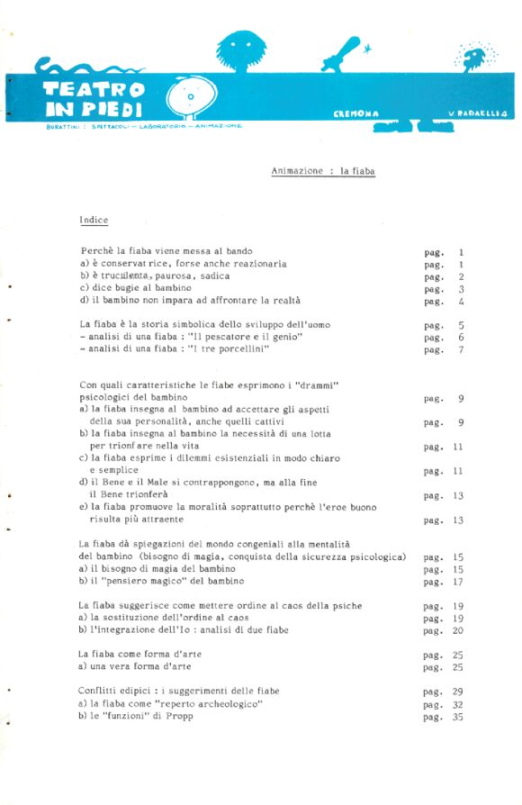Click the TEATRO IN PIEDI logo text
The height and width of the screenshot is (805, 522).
pyautogui.click(x=94, y=99)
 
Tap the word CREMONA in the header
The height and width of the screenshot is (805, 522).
pyautogui.click(x=355, y=113)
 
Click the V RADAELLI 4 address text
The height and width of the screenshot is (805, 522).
pyautogui.click(x=478, y=113)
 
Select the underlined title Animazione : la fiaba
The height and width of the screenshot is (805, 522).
pyautogui.click(x=323, y=170)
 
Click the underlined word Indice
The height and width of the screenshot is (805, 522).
pyautogui.click(x=94, y=220)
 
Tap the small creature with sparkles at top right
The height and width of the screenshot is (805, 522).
pyautogui.click(x=473, y=58)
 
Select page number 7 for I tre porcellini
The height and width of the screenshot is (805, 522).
pyautogui.click(x=460, y=350)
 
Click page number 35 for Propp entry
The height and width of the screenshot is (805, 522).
pyautogui.click(x=457, y=717)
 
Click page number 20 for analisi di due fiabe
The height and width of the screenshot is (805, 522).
pyautogui.click(x=457, y=630)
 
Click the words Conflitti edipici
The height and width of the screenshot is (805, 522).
pyautogui.click(x=112, y=691)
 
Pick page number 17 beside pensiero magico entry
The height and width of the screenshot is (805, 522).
pyautogui.click(x=457, y=582)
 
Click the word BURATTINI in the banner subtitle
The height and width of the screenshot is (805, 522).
pyautogui.click(x=60, y=126)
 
